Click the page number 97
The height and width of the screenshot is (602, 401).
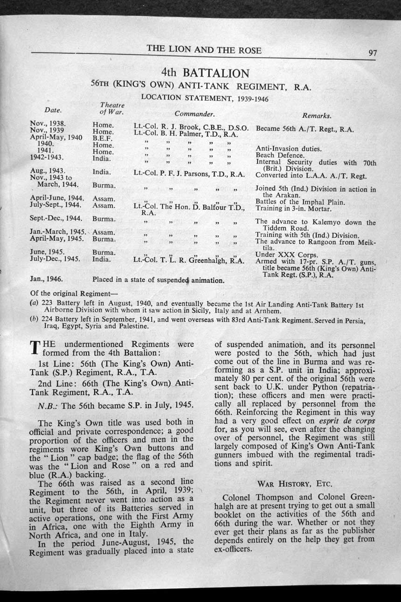point(372,52)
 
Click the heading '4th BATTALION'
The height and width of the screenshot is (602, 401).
point(205,73)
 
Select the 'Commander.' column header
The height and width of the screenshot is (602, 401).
point(194,113)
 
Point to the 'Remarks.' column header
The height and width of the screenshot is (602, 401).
point(317,115)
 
